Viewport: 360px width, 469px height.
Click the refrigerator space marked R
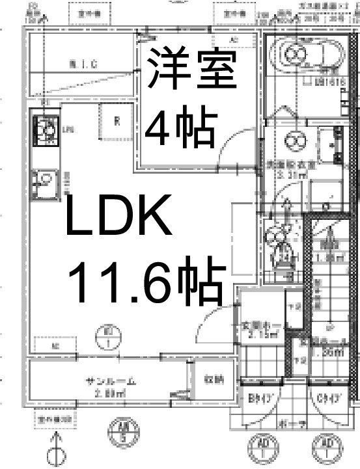click(x=117, y=121)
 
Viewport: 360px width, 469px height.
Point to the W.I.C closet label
click(x=82, y=63)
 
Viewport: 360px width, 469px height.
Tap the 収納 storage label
click(x=213, y=380)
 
